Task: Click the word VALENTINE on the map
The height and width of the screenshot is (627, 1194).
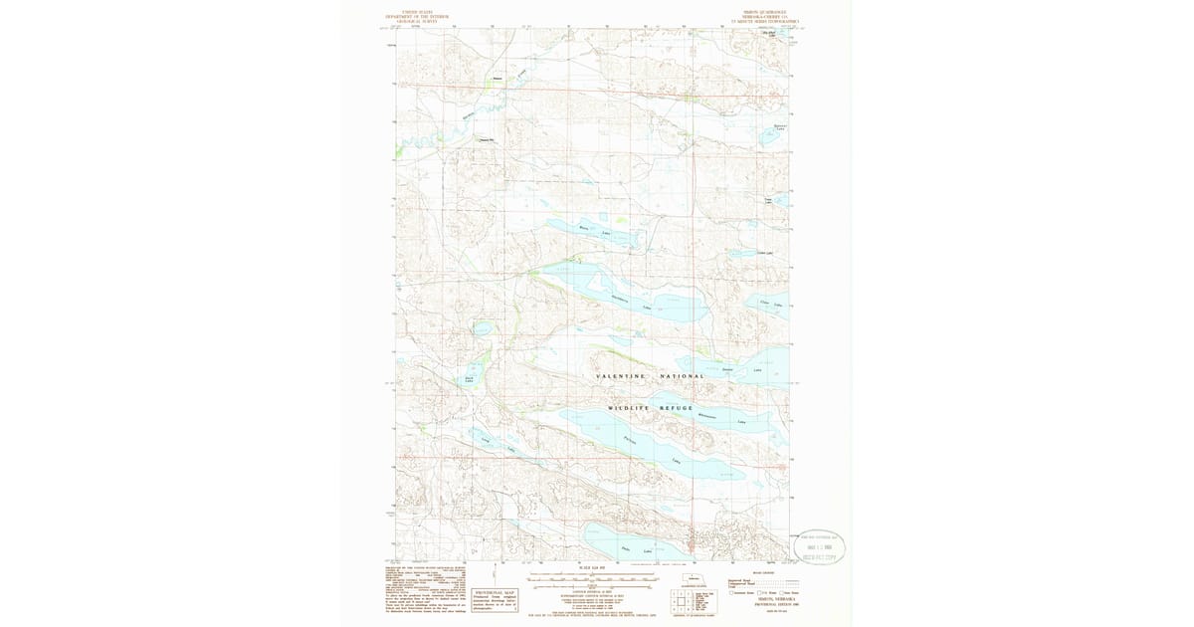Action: (621, 376)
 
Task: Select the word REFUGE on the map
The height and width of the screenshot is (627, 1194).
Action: (674, 408)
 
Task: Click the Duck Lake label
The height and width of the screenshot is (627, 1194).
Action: (469, 378)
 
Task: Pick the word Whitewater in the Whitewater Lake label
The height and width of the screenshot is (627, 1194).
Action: (707, 416)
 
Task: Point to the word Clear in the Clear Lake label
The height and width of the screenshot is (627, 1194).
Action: (764, 302)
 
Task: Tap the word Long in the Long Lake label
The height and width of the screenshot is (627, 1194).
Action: (486, 439)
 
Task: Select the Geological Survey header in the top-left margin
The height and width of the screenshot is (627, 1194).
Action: (419, 20)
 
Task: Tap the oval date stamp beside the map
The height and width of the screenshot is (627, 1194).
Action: (819, 547)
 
